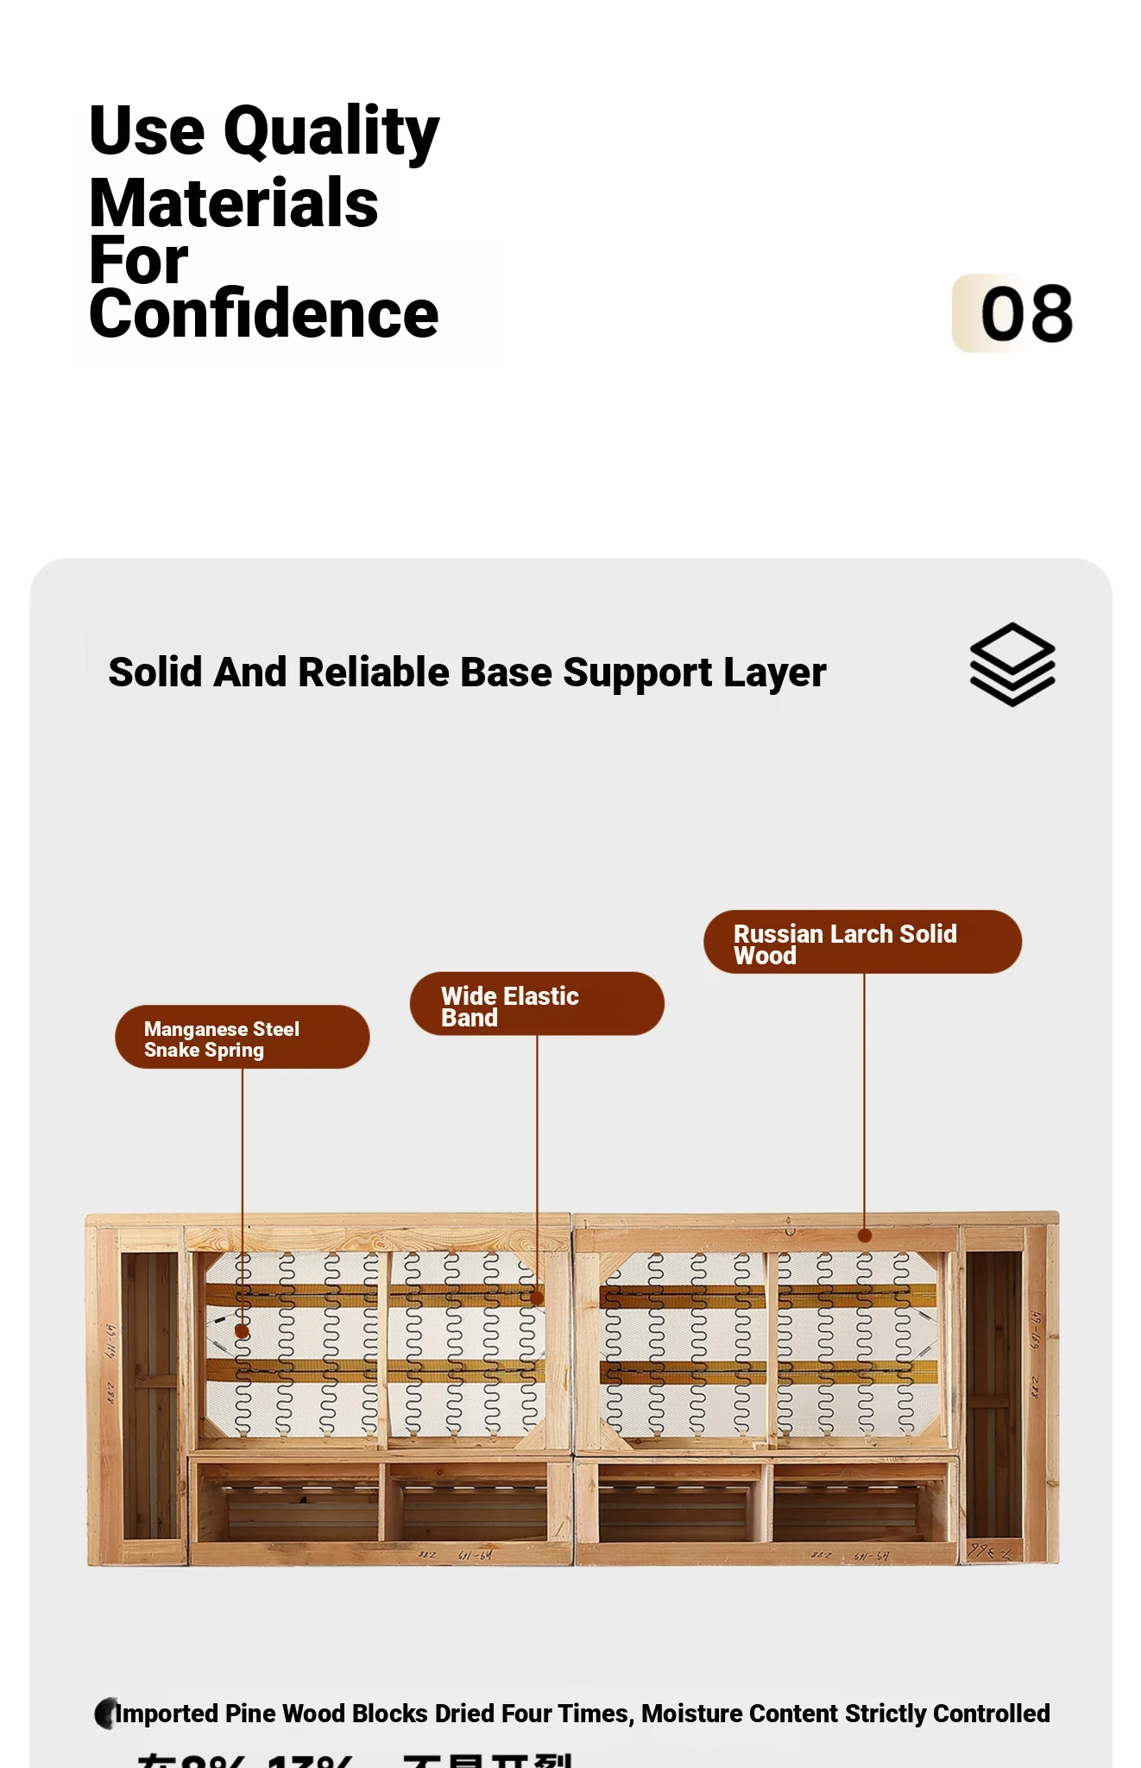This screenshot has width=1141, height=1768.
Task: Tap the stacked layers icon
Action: tap(1012, 664)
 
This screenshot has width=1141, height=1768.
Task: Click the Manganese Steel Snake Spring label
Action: tap(242, 1037)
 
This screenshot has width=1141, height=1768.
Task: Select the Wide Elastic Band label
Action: tap(536, 1004)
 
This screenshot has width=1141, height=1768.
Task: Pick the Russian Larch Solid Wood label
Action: tap(861, 942)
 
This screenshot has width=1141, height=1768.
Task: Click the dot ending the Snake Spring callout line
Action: tap(243, 1332)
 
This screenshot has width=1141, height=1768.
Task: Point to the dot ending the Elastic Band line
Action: tap(537, 1298)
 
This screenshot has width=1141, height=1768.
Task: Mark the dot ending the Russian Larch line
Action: tap(864, 1235)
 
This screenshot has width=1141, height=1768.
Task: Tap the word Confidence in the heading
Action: tap(263, 313)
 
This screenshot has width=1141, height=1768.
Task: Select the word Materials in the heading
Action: tap(234, 204)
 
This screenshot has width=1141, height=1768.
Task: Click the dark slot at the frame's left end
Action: tap(149, 1394)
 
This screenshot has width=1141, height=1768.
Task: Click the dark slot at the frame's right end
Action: tap(993, 1394)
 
